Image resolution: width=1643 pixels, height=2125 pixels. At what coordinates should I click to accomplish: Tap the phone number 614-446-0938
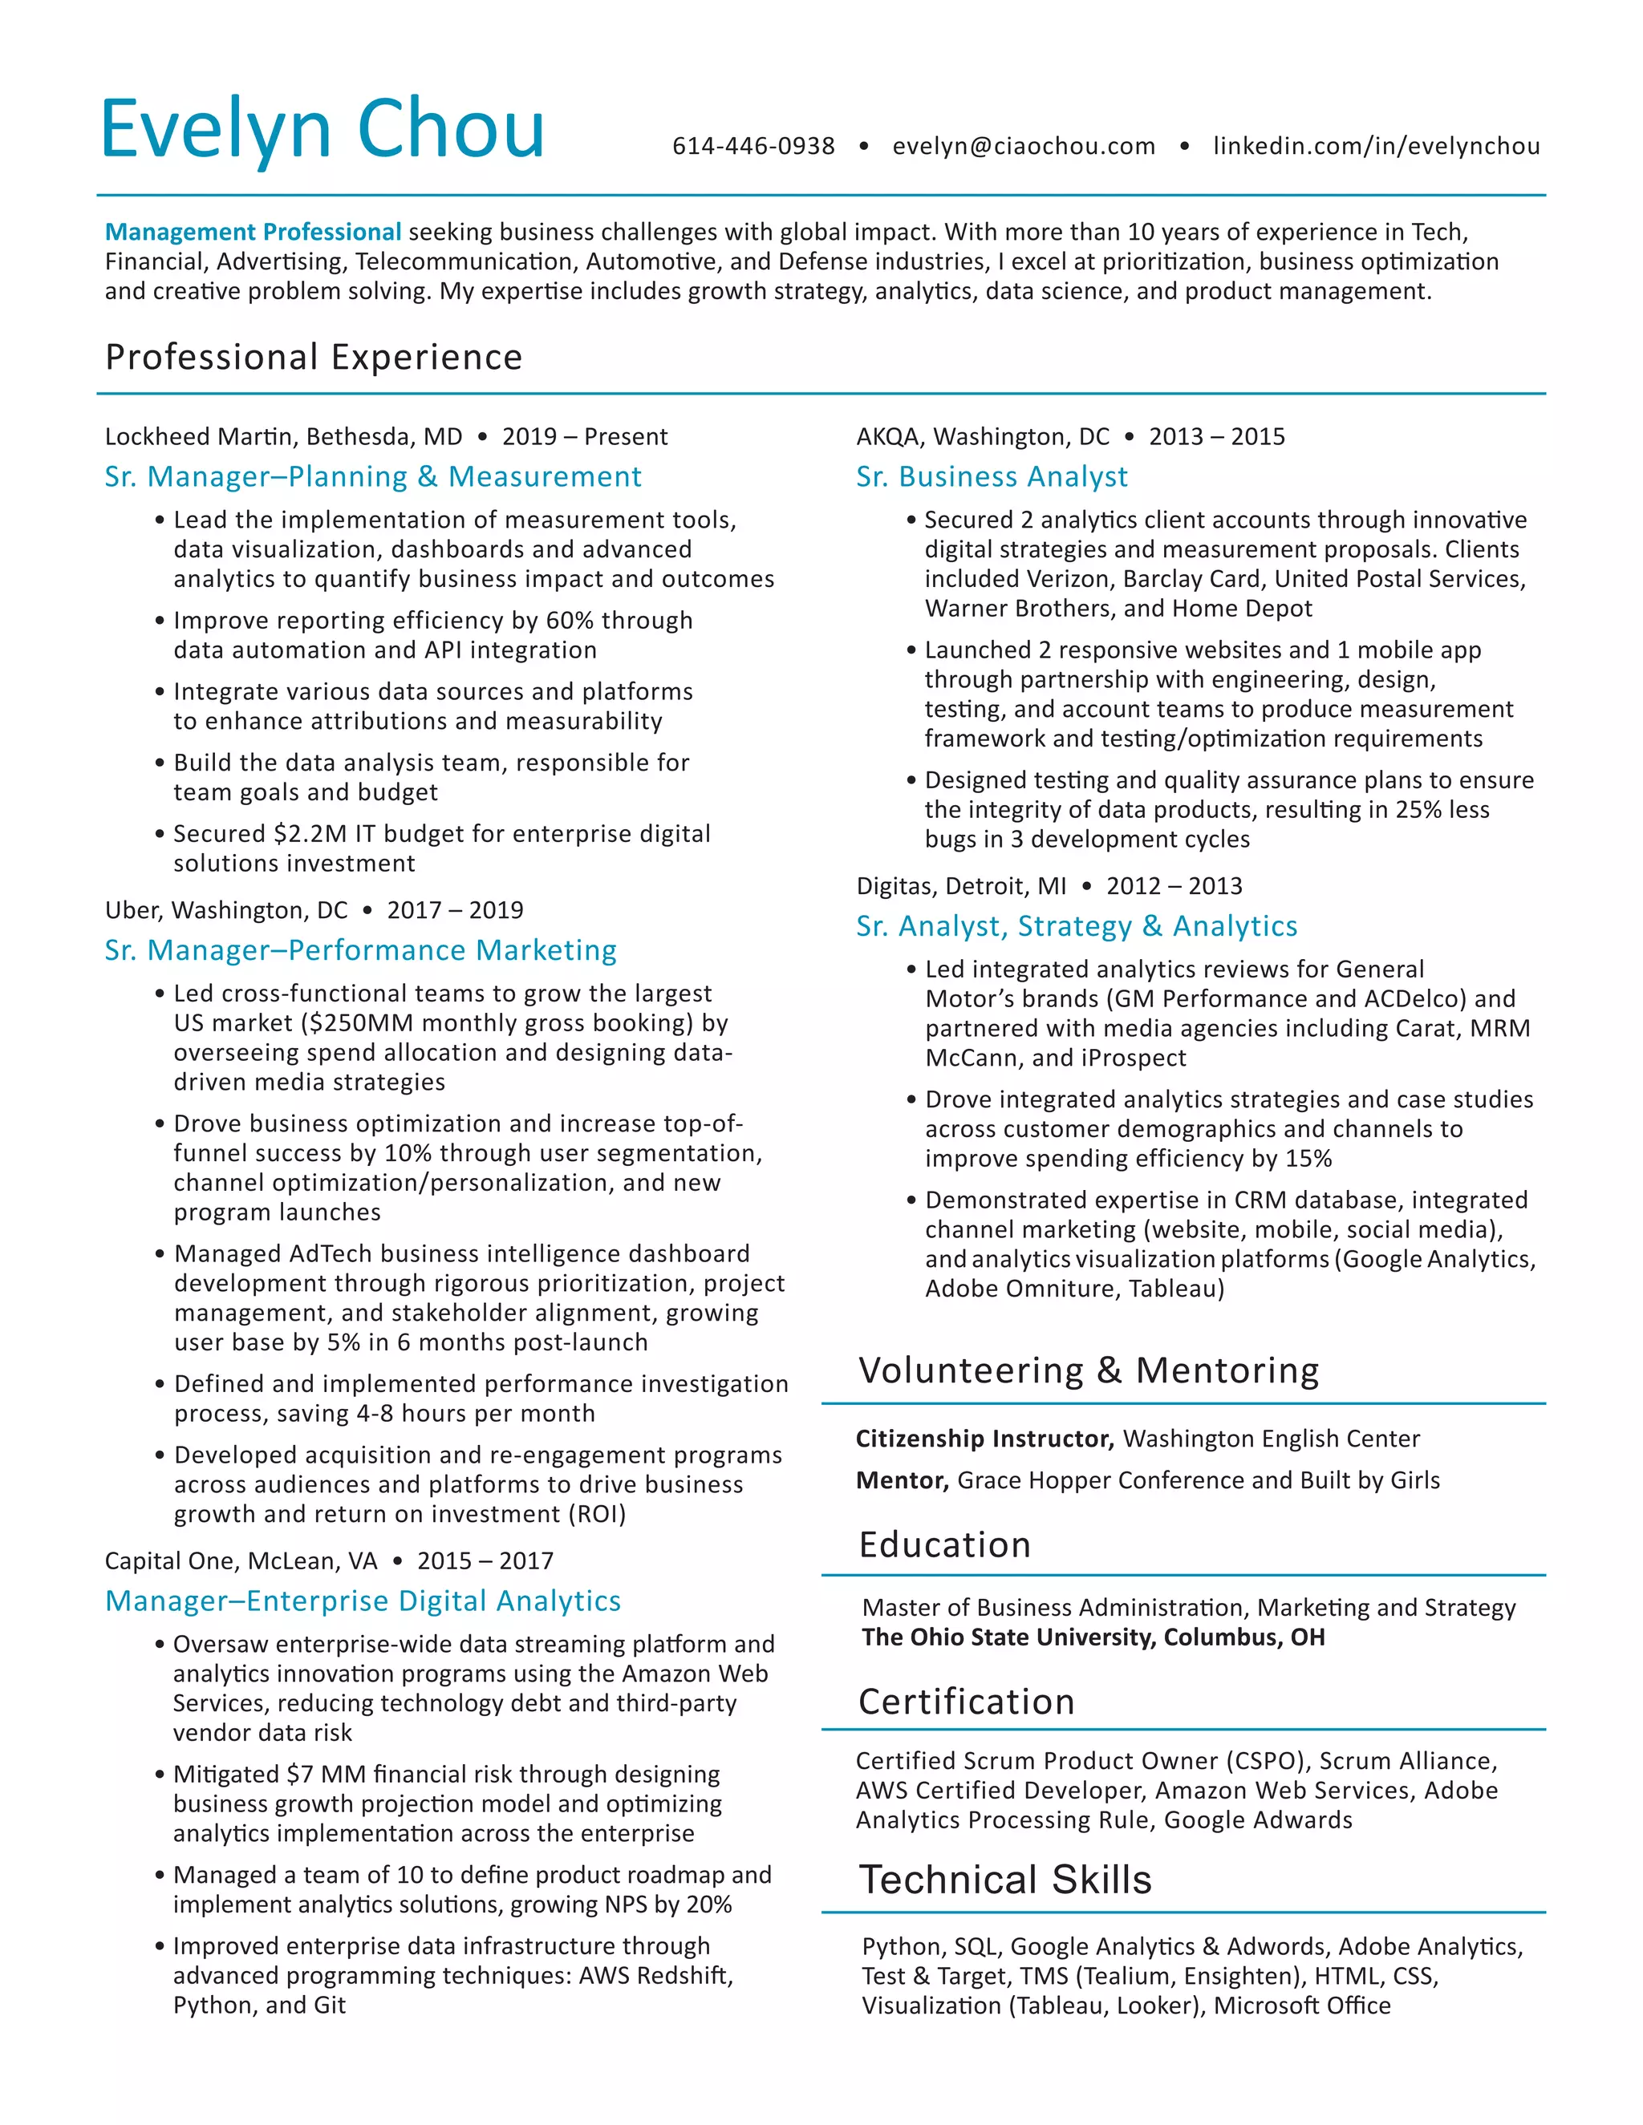(753, 146)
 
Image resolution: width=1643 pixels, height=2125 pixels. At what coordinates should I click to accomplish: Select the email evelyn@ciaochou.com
(1023, 146)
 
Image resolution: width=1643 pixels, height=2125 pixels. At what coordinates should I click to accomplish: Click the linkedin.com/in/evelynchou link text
(1375, 146)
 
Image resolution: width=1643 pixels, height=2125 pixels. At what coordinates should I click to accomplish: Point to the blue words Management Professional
(252, 232)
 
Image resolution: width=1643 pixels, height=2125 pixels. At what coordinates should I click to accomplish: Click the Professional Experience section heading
(314, 357)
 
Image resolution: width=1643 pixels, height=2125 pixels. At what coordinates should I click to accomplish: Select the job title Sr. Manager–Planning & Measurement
(373, 477)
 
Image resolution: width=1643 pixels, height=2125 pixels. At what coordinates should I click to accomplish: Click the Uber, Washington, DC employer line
(225, 910)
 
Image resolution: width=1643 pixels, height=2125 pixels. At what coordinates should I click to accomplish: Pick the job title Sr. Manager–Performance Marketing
(360, 949)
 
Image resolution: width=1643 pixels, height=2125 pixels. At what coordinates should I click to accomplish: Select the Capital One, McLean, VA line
(241, 1560)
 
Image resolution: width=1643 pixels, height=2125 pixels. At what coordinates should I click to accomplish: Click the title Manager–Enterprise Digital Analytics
(362, 1601)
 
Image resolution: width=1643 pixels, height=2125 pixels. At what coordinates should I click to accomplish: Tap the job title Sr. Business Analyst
(991, 477)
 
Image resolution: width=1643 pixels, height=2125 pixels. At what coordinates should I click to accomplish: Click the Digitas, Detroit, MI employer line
(960, 885)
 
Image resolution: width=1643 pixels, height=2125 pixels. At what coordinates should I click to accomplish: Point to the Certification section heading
(966, 1701)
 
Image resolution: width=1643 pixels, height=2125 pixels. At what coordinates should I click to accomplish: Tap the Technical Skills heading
(1004, 1879)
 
